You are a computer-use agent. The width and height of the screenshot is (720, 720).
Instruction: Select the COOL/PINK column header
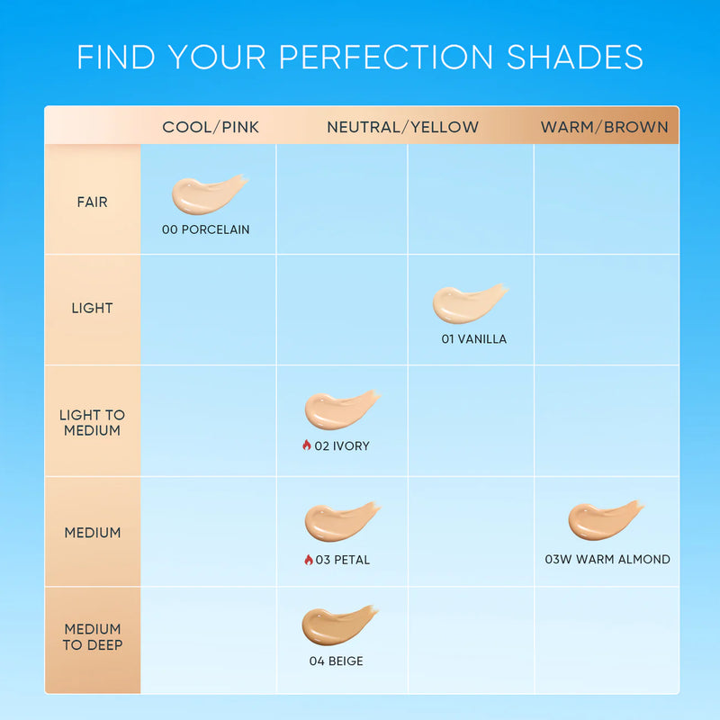[x=211, y=127]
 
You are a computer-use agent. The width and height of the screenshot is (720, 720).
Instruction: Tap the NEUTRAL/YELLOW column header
[x=402, y=127]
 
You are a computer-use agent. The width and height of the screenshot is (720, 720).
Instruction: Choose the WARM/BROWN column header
[x=604, y=127]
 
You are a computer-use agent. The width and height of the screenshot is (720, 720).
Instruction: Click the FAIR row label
[x=92, y=202]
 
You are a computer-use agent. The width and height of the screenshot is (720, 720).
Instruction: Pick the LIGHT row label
[x=92, y=308]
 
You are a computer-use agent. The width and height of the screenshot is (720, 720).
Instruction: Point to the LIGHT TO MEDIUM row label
[x=92, y=423]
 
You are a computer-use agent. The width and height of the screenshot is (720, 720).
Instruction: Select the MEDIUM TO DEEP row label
[x=92, y=636]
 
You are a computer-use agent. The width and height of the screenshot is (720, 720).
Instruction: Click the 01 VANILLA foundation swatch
[x=468, y=304]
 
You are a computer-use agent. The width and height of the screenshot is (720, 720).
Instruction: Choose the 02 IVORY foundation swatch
[x=340, y=409]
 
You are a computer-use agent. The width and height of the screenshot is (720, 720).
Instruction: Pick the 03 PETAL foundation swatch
[x=340, y=521]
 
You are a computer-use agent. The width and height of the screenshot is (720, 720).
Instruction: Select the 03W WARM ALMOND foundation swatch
[x=604, y=519]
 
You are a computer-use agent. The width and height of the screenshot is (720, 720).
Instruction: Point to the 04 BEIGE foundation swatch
[x=338, y=625]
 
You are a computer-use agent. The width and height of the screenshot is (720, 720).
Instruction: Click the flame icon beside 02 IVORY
[x=306, y=445]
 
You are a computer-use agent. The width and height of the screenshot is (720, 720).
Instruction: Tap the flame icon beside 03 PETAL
[x=308, y=559]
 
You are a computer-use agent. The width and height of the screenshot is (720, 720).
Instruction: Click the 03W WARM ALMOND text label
[x=607, y=559]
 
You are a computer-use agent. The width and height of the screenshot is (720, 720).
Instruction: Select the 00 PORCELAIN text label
[x=206, y=229]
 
